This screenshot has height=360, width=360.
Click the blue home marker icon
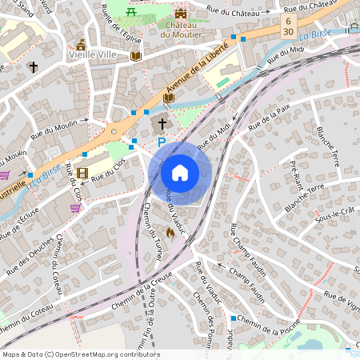tap(180, 173)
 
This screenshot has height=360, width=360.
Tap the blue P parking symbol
tap(161, 142)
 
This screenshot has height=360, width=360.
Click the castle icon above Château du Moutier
tap(180, 14)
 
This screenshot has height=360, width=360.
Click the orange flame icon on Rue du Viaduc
tap(170, 233)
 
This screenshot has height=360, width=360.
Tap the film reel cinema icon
tap(82, 173)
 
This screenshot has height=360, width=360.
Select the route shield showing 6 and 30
tap(287, 24)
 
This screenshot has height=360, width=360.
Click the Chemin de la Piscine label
tap(270, 324)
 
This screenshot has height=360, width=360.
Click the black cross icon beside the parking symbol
tap(162, 124)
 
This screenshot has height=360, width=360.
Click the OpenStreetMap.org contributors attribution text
tap(106, 354)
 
